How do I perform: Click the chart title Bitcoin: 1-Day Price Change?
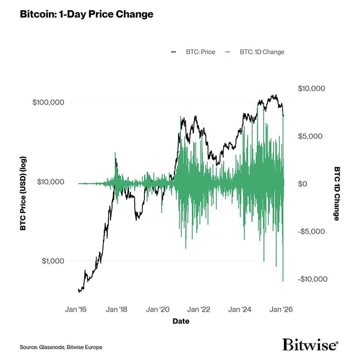pos(86,14)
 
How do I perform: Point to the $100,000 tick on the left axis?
pos(49,102)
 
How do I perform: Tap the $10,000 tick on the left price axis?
pos(52,181)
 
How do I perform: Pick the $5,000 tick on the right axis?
pos(310,136)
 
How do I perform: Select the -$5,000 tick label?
pos(311,231)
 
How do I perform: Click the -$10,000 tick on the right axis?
pos(312,279)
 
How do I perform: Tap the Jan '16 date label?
pos(76,310)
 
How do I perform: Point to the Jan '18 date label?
pos(117,310)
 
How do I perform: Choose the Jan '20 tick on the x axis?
pos(158,310)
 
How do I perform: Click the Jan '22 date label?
pos(199,310)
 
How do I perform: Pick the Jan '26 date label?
pos(281,310)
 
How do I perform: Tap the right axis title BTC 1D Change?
pos(337,193)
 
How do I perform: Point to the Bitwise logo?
pos(310,344)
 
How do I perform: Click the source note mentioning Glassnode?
pos(61,347)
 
